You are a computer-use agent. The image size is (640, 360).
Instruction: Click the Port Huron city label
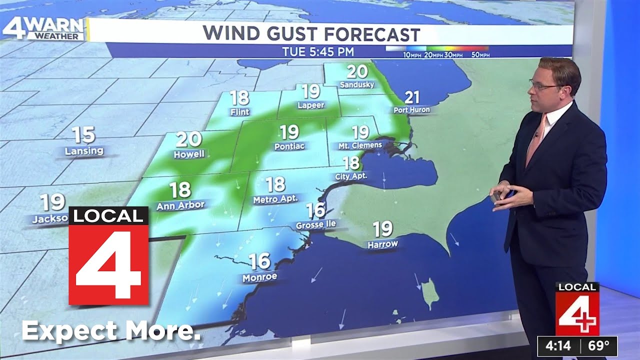pos(411,110)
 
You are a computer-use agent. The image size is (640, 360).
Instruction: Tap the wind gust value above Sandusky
pos(357,72)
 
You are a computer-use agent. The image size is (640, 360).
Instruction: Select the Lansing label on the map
pos(84,150)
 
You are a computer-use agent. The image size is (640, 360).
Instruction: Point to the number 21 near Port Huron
pos(411,97)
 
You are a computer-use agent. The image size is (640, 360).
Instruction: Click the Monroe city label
pos(259,276)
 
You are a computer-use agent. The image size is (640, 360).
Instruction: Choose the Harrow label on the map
pos(382,244)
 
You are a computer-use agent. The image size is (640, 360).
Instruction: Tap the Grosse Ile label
pos(315,224)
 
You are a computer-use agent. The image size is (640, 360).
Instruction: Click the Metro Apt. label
pos(275,198)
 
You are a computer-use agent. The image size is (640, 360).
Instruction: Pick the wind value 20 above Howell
pos(188,139)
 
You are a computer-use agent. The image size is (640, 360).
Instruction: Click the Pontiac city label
pos(289,146)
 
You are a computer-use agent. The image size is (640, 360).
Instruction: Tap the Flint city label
pos(240,112)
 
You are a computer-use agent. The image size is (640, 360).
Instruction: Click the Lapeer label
pos(311,105)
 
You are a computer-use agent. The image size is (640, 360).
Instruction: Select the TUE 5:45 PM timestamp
pos(318,51)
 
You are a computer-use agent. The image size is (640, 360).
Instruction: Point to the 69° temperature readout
pos(598,345)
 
